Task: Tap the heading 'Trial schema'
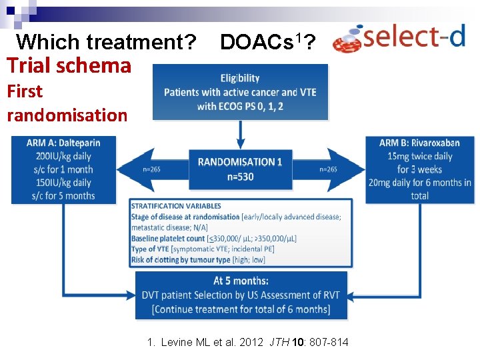coord(69,65)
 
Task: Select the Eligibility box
coord(240,92)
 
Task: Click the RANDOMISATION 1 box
coord(240,169)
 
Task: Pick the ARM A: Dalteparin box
coord(63,169)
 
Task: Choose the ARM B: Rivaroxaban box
coord(419,169)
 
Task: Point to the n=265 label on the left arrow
coord(151,169)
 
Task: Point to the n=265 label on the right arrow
coord(328,169)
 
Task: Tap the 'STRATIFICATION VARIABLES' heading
coord(176,206)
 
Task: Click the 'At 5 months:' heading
coord(240,281)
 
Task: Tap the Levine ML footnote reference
coord(247,343)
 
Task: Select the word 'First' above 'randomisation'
coord(25,91)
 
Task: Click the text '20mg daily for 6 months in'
coord(419,183)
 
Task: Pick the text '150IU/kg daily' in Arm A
coord(63,183)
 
